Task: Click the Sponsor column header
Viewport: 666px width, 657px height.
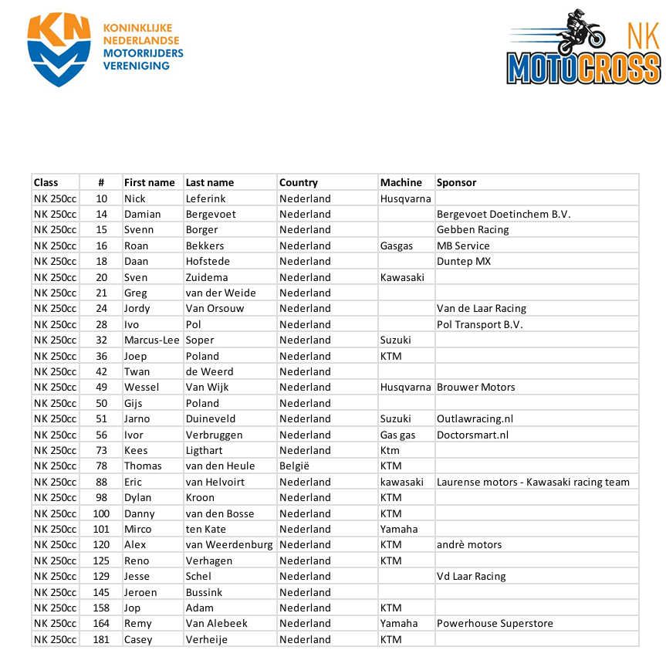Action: pyautogui.click(x=456, y=183)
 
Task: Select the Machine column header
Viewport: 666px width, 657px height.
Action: pyautogui.click(x=401, y=183)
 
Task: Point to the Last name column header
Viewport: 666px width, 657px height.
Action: pyautogui.click(x=209, y=183)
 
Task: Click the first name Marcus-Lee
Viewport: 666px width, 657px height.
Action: pyautogui.click(x=151, y=340)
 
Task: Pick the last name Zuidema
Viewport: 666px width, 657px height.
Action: pyautogui.click(x=208, y=277)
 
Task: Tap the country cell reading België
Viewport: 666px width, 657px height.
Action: pyautogui.click(x=294, y=466)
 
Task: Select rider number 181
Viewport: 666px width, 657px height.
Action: pyautogui.click(x=101, y=639)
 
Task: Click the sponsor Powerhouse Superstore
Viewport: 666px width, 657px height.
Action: pyautogui.click(x=495, y=623)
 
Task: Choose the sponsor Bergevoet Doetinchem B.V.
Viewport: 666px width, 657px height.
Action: pyautogui.click(x=503, y=214)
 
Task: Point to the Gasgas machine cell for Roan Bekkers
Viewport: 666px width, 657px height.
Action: pyautogui.click(x=396, y=246)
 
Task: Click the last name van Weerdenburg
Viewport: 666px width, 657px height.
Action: pyautogui.click(x=229, y=544)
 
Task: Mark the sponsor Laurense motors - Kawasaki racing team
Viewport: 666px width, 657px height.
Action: pyautogui.click(x=532, y=482)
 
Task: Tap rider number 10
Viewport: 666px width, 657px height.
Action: pyautogui.click(x=101, y=198)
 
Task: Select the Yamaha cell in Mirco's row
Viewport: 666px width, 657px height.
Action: pyautogui.click(x=398, y=529)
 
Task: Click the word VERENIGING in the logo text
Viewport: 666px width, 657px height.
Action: pyautogui.click(x=136, y=66)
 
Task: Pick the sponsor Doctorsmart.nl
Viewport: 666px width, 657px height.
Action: pyautogui.click(x=472, y=435)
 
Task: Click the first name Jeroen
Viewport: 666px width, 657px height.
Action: pyautogui.click(x=140, y=592)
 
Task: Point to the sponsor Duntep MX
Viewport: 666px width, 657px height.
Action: pyautogui.click(x=463, y=261)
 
